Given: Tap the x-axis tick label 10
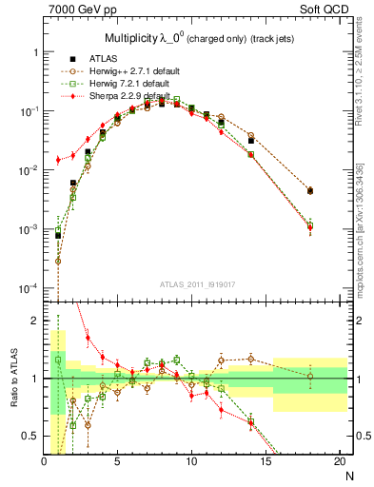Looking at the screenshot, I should (x=191, y=463).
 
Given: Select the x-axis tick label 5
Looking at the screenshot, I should (x=118, y=463).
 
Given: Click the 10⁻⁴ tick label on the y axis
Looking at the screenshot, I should (x=29, y=288).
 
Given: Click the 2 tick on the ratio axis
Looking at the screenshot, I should (x=36, y=321).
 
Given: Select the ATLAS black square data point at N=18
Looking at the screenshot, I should (x=310, y=191).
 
